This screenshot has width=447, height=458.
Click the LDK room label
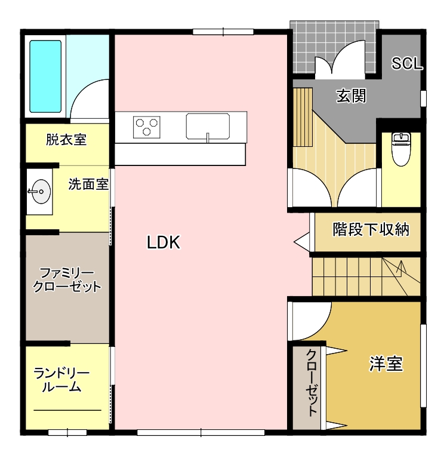(164, 242)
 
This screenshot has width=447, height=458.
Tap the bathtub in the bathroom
(45, 76)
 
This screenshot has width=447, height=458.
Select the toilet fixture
(402, 149)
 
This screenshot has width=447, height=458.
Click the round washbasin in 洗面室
(41, 192)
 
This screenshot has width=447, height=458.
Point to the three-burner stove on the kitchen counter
(147, 127)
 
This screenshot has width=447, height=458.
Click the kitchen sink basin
(208, 126)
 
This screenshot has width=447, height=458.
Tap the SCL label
(407, 63)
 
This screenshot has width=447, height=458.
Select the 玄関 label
(351, 96)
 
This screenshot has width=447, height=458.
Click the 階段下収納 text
(371, 229)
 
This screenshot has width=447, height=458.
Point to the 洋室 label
(386, 364)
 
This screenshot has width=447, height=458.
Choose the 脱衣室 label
(66, 140)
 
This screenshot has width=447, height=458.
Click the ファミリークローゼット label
(67, 280)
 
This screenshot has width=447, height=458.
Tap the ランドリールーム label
(61, 380)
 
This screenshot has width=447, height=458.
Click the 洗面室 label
(88, 185)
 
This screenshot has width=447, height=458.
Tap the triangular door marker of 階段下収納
(302, 242)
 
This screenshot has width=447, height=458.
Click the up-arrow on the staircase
(402, 267)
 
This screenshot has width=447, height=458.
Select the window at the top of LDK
(223, 32)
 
